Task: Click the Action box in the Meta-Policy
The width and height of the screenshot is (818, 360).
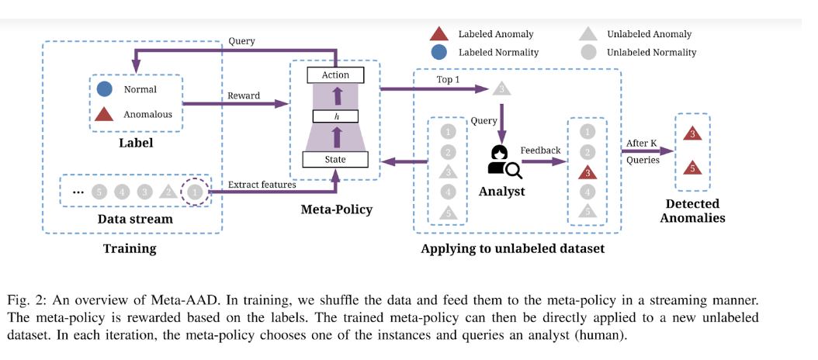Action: [x=335, y=75]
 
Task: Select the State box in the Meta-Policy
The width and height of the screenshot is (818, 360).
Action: [x=335, y=160]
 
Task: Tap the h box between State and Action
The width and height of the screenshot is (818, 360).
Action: [x=335, y=117]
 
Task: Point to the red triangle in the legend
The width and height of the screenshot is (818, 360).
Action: [x=438, y=34]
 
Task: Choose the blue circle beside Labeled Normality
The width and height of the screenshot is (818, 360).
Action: [x=438, y=53]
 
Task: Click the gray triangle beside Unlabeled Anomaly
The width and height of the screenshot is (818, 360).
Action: [x=588, y=34]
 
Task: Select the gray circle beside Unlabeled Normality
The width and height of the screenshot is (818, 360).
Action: [x=588, y=53]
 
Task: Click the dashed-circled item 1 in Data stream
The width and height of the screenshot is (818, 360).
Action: [x=195, y=191]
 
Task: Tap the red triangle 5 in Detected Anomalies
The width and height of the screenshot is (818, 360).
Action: [x=692, y=168]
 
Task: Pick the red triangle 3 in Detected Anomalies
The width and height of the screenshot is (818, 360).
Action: [x=692, y=133]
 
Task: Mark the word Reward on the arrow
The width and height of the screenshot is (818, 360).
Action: [x=243, y=95]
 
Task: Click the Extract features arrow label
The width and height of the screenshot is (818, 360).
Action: [x=262, y=185]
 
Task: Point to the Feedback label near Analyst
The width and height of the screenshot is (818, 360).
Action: [x=540, y=150]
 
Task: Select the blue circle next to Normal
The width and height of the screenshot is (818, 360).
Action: [x=105, y=89]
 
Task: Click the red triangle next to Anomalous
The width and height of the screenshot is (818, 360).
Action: [x=105, y=114]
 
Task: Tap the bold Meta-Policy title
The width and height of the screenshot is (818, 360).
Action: [x=335, y=209]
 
